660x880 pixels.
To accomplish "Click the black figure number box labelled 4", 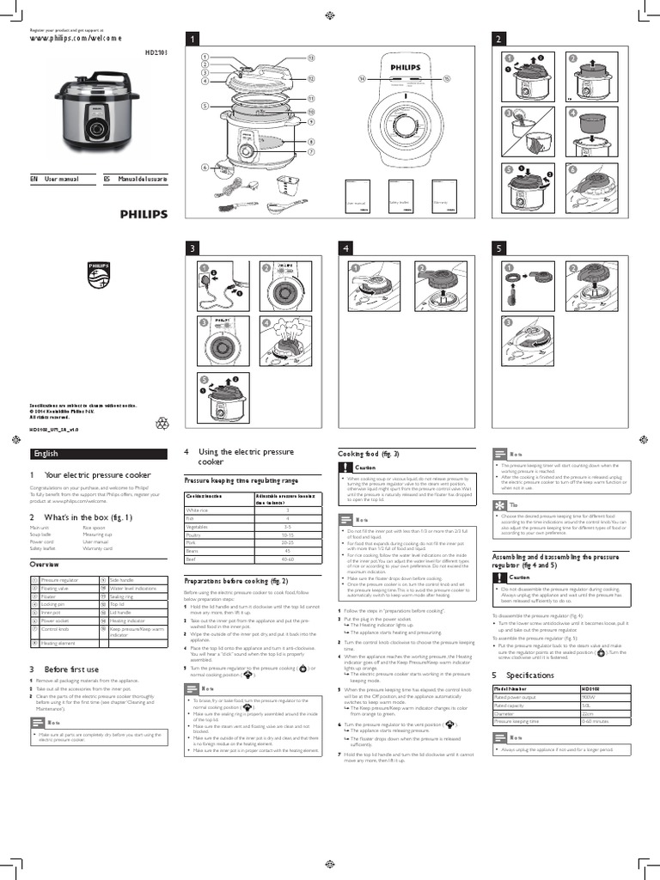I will coord(346,247).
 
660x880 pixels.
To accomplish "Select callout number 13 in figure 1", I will coord(311,58).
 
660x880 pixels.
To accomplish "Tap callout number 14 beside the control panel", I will coord(363,78).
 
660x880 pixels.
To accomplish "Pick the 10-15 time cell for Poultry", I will coord(287,534).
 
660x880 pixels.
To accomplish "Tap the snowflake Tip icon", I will coord(499,504).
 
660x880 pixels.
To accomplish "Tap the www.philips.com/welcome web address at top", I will coord(76,39).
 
